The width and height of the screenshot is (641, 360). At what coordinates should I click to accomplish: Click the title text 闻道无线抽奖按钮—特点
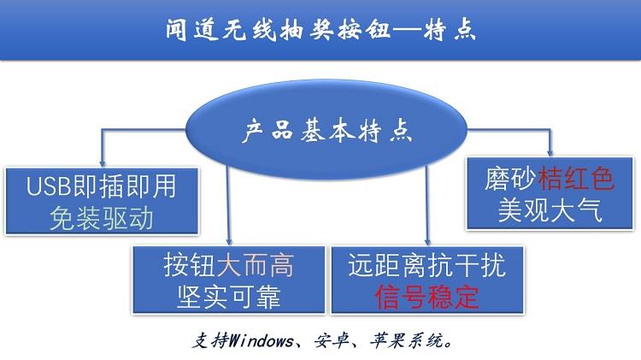(320, 29)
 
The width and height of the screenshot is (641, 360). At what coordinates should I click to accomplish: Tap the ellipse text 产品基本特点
(326, 131)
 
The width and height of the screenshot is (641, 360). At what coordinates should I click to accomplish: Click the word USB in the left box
(49, 186)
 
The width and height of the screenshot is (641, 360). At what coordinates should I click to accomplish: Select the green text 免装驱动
(102, 218)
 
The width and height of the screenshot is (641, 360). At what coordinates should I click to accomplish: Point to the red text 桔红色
(576, 179)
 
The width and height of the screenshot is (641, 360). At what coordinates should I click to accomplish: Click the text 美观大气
(550, 210)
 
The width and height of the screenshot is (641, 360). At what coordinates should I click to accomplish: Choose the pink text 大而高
(255, 265)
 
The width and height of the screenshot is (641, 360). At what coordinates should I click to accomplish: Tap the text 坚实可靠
(229, 297)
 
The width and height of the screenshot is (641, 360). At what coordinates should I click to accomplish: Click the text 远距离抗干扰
(427, 265)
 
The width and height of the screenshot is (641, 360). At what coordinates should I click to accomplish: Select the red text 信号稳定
(426, 297)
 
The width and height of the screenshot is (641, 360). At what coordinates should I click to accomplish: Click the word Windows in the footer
(261, 340)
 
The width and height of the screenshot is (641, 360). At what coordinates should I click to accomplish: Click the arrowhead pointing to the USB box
(103, 163)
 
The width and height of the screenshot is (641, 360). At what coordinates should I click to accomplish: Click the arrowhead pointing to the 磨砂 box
(550, 152)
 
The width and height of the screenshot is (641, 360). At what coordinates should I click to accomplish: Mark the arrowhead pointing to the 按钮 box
(229, 241)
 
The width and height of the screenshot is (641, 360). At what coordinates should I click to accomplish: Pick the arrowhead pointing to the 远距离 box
(427, 241)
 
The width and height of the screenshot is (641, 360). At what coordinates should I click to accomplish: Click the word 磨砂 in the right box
(511, 179)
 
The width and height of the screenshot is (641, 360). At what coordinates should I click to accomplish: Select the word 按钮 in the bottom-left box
(190, 265)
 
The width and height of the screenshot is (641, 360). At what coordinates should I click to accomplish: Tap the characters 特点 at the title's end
(450, 29)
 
